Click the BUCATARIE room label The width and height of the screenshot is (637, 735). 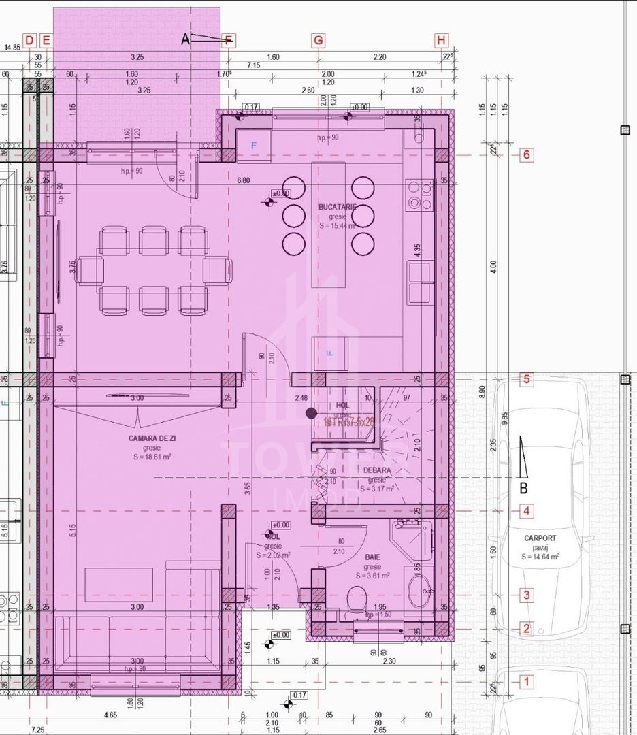338,206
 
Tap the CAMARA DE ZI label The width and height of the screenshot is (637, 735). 152,438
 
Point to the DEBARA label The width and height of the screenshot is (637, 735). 376,470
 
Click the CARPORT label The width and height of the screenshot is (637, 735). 540,538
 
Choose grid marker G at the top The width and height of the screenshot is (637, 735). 318,41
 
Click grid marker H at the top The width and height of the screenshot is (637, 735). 442,41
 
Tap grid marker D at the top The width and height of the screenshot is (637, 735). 29,41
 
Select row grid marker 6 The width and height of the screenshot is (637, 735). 526,155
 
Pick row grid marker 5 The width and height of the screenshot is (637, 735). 526,379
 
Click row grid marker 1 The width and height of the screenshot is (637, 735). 526,681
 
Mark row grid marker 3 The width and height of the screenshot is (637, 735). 526,595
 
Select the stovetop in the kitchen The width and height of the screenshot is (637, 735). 418,195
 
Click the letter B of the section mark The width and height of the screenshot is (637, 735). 523,487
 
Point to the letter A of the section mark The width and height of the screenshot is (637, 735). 185,39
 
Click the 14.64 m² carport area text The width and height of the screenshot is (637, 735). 540,556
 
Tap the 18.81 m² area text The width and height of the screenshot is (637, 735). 152,457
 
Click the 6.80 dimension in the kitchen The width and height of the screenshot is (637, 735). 244,180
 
